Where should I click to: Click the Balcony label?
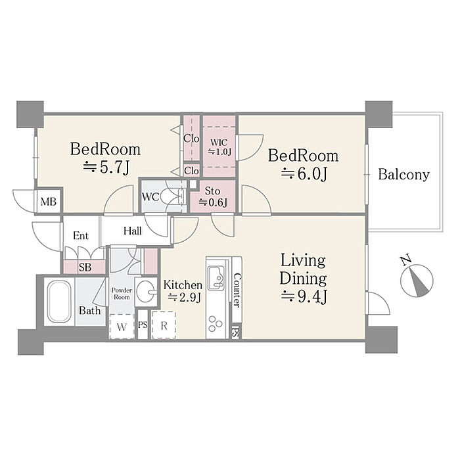(x=403, y=175)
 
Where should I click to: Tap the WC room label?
(x=150, y=197)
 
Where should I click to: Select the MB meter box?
(x=49, y=202)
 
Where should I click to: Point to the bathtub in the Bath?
(x=59, y=302)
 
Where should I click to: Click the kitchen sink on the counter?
(x=216, y=277)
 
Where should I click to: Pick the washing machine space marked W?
(x=122, y=327)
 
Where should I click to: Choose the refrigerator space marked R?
(x=164, y=325)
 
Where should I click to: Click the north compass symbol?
(x=417, y=279)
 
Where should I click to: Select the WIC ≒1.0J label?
(x=219, y=147)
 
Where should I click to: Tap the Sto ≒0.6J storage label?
(x=213, y=197)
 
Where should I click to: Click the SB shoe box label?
(x=85, y=267)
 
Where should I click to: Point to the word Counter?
(x=237, y=290)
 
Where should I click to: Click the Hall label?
(x=132, y=231)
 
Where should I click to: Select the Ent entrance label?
(x=81, y=235)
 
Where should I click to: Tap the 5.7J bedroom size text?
(x=106, y=167)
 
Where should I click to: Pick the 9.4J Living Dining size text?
(x=304, y=296)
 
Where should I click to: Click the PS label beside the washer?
(x=143, y=325)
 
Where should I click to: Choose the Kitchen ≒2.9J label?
(x=183, y=290)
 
